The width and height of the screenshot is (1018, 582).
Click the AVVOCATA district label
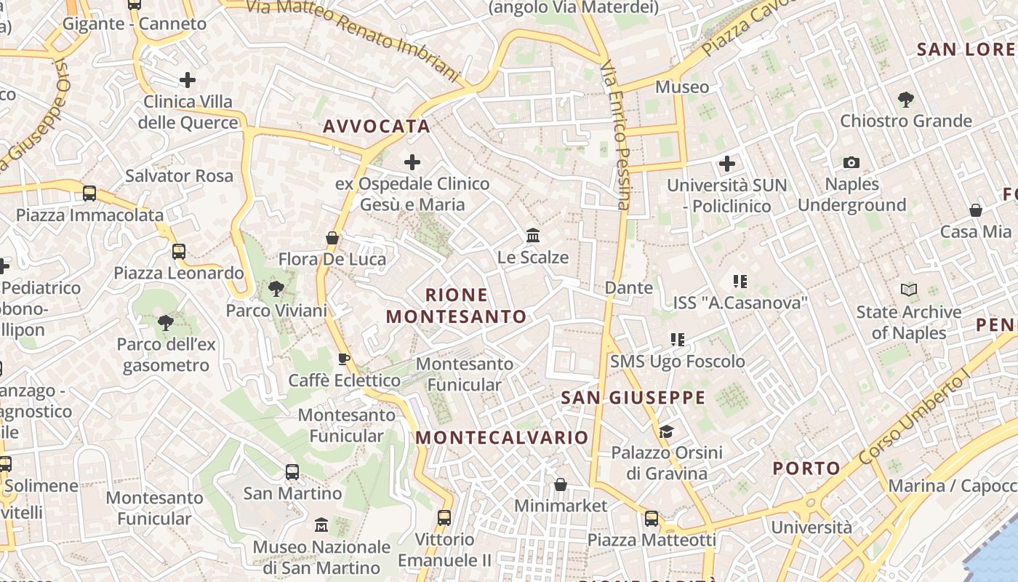click(377, 127)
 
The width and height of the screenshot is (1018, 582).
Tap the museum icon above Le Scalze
click(533, 236)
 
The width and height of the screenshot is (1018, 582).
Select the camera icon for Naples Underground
click(851, 162)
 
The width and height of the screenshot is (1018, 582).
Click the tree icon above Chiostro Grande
click(905, 99)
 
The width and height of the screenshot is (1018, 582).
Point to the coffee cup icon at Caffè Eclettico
click(344, 359)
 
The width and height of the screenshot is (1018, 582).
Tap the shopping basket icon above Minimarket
click(561, 485)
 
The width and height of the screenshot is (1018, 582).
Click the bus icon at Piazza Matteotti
click(652, 519)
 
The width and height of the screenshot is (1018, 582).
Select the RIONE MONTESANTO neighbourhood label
click(457, 306)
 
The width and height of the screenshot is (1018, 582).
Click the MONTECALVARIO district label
click(502, 437)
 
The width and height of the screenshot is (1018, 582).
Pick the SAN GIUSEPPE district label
click(633, 397)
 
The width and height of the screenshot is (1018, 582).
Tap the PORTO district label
click(806, 468)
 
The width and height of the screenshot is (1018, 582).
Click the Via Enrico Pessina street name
click(615, 135)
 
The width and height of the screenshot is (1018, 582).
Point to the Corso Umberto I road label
click(914, 418)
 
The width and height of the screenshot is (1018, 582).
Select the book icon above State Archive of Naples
click(909, 290)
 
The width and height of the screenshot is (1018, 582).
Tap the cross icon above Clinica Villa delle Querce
click(188, 79)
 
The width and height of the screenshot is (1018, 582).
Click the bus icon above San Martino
click(292, 472)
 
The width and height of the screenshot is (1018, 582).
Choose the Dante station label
click(629, 288)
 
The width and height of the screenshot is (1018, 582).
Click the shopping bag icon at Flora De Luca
click(332, 238)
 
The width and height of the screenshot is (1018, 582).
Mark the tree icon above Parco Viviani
click(276, 289)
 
